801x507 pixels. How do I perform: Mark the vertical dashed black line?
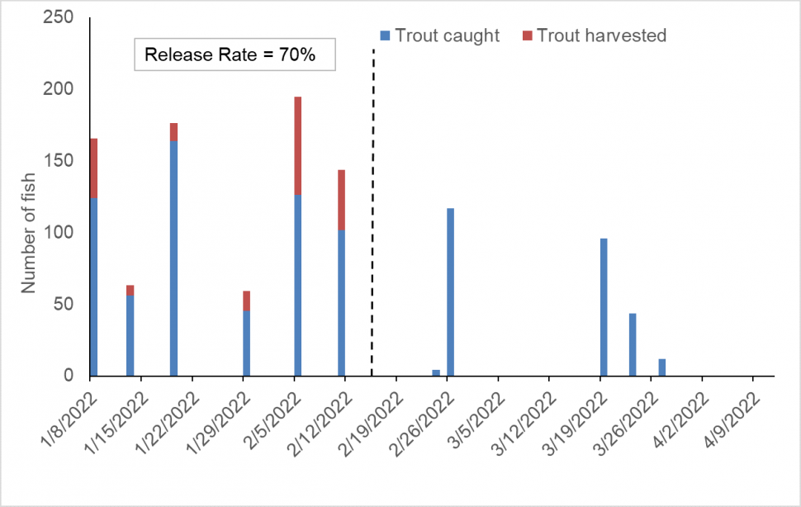pyautogui.click(x=372, y=206)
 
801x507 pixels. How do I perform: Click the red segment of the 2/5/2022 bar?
pyautogui.click(x=297, y=145)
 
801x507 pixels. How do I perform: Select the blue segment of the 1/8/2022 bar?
pyautogui.click(x=93, y=286)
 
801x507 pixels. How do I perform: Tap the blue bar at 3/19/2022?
pyautogui.click(x=604, y=306)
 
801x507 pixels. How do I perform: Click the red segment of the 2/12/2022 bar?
pyautogui.click(x=341, y=200)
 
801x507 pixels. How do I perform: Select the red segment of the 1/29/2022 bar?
pyautogui.click(x=246, y=301)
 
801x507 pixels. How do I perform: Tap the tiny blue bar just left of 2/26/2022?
pyautogui.click(x=436, y=372)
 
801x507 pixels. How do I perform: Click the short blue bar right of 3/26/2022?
pyautogui.click(x=662, y=367)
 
